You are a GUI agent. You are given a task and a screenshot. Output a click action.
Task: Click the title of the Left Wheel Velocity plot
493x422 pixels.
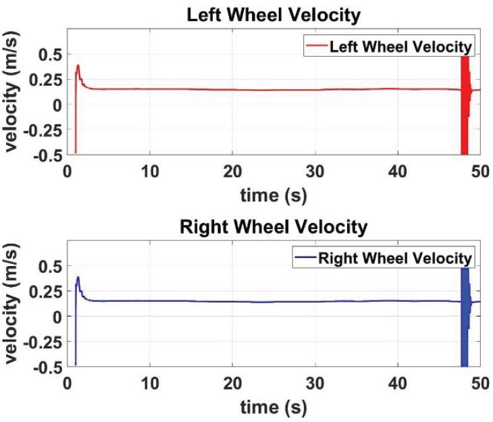pyautogui.click(x=274, y=14)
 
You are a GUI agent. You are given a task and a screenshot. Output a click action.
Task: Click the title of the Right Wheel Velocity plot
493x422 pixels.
pyautogui.click(x=274, y=227)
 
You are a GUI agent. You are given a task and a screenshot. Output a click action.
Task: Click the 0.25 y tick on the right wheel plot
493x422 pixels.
pyautogui.click(x=49, y=291)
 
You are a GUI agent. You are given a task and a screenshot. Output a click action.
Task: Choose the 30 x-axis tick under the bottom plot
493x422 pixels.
pyautogui.click(x=315, y=381)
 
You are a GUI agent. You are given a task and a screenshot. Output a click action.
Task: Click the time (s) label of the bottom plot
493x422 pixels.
pyautogui.click(x=274, y=407)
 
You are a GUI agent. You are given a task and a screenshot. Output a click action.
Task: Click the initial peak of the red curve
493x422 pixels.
pyautogui.click(x=78, y=65)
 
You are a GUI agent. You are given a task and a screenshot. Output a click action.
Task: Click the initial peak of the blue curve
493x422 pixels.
pyautogui.click(x=78, y=277)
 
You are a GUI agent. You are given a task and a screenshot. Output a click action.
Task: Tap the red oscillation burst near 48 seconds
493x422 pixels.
pyautogui.click(x=465, y=101)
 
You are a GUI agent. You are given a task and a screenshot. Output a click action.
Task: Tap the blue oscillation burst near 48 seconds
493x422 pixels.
pyautogui.click(x=465, y=314)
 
